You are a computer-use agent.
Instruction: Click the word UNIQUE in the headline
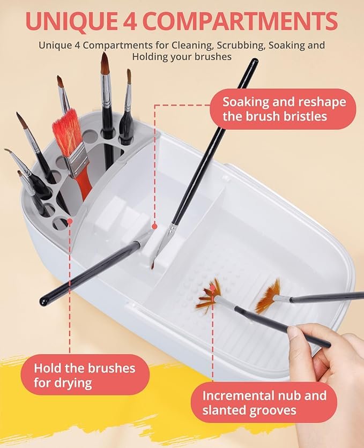(71, 21)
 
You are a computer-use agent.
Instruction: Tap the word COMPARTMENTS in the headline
(240, 21)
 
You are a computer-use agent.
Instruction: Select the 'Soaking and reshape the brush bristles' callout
(283, 109)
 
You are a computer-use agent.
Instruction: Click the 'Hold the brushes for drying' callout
(85, 375)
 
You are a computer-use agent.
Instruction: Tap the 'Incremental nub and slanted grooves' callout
(264, 403)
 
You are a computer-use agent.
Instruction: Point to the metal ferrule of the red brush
(76, 161)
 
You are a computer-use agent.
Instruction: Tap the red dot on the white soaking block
(155, 227)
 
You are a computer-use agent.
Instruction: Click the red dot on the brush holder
(70, 221)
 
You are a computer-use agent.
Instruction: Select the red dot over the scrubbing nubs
(212, 287)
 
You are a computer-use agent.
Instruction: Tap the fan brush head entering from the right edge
(269, 297)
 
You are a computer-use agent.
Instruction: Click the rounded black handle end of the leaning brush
(44, 301)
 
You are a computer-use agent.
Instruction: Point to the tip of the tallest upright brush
(105, 54)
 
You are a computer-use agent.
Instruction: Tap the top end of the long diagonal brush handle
(255, 61)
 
